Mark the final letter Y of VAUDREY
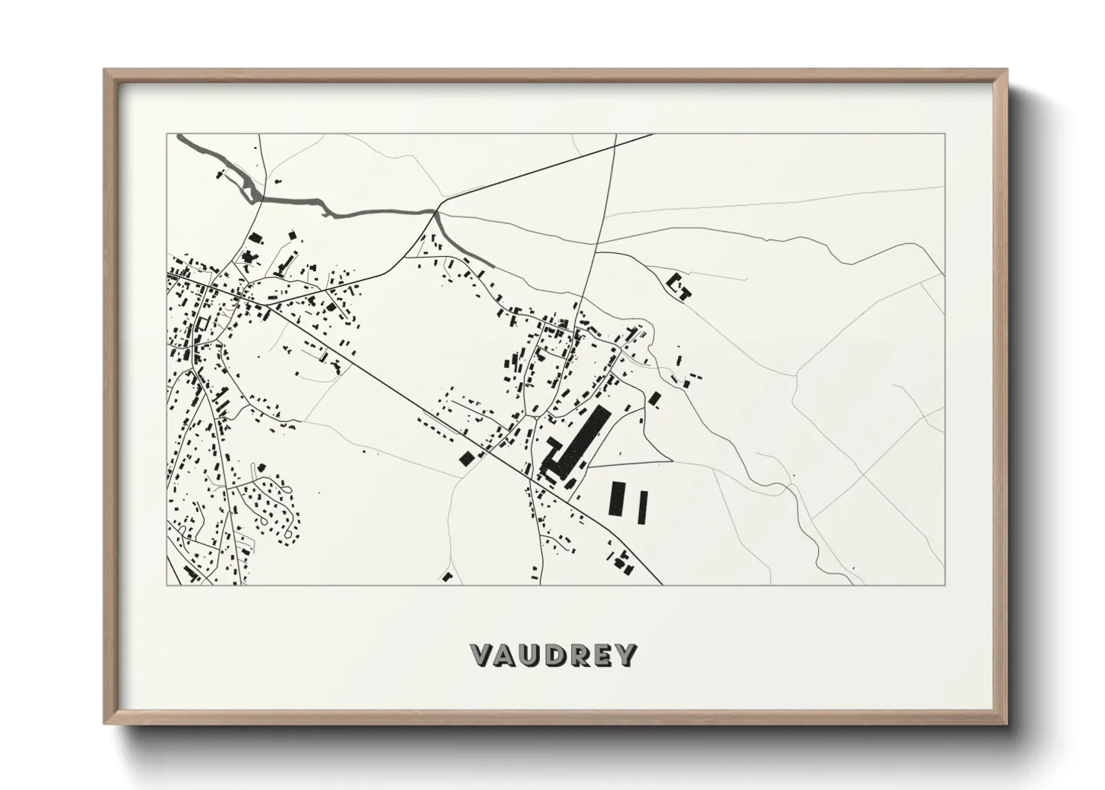625,655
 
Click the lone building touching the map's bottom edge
447,576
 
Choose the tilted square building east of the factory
655,399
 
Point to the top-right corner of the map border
945,134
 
